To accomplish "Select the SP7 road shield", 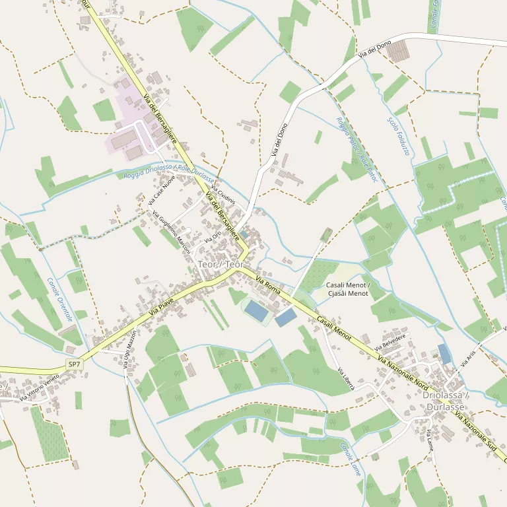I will (74, 364).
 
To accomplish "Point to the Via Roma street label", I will (268, 287).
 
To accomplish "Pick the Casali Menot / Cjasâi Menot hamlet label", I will (347, 288).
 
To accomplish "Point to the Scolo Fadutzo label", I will (399, 137).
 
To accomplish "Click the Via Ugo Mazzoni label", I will (131, 350).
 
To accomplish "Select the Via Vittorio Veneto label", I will (39, 388).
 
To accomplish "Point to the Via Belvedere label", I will (389, 341).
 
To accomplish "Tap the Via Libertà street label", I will (345, 378).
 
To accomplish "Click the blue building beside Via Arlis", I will (445, 354).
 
